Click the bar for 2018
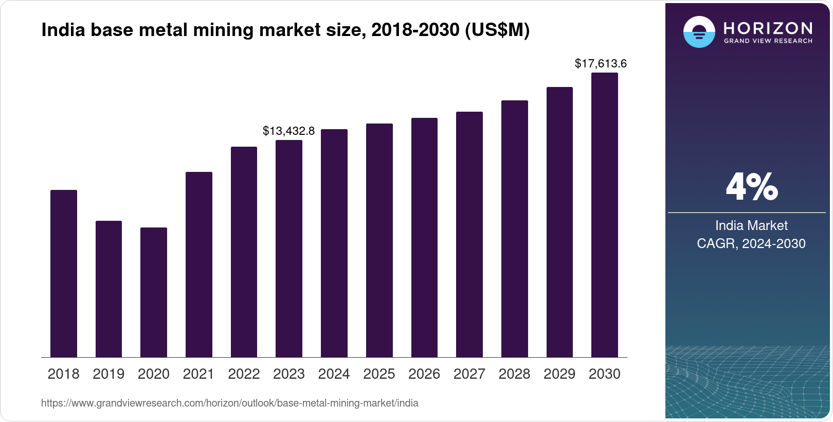click(64, 273)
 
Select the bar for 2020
click(154, 292)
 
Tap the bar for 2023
click(289, 249)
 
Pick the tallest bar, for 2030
click(605, 215)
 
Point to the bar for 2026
click(424, 238)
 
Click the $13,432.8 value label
click(288, 131)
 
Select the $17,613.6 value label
click(601, 63)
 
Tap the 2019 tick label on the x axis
click(108, 374)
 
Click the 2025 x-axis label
click(379, 374)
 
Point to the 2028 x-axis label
click(514, 374)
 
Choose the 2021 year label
click(198, 374)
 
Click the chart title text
click(285, 30)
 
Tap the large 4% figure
click(751, 187)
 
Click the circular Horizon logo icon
click(699, 32)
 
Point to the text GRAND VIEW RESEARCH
click(768, 41)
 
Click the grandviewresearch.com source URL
click(229, 403)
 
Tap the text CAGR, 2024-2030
click(751, 243)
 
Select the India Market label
click(751, 225)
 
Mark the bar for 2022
click(244, 252)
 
